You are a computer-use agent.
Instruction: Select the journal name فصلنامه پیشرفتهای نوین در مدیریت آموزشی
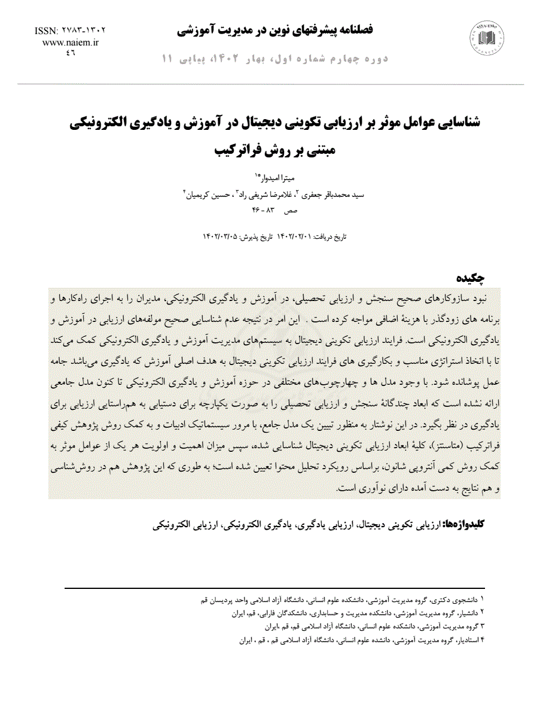coord(276,29)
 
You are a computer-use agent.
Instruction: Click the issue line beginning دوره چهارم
coord(276,59)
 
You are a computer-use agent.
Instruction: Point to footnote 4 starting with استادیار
coord(359,640)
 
